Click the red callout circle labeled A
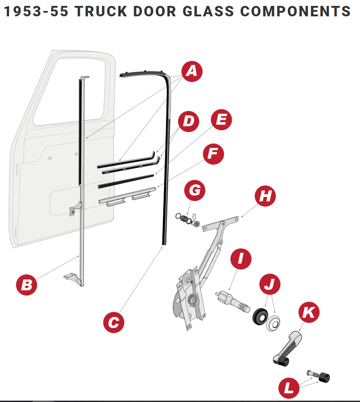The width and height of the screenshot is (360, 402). (x=192, y=72)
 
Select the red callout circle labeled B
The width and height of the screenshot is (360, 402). (x=27, y=285)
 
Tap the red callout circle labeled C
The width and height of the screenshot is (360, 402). (x=114, y=322)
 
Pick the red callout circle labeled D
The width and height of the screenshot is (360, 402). (x=189, y=121)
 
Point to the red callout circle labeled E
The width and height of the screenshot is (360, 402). (x=221, y=120)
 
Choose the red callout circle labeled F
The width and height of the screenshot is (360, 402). (x=214, y=154)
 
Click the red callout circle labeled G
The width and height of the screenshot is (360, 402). (x=195, y=190)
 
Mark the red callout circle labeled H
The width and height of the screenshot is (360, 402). (x=265, y=196)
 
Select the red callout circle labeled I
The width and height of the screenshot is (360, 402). (x=241, y=259)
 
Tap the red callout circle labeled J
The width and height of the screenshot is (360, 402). (x=270, y=284)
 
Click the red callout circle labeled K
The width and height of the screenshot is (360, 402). (x=309, y=312)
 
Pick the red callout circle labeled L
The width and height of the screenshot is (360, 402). (x=289, y=387)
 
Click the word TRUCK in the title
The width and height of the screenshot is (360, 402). (x=101, y=11)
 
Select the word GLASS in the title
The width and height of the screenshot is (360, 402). (x=208, y=11)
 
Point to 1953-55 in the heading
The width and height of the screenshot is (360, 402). (x=36, y=11)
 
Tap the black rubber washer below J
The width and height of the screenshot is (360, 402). (x=260, y=316)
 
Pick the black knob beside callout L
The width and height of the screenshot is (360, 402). (x=324, y=377)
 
